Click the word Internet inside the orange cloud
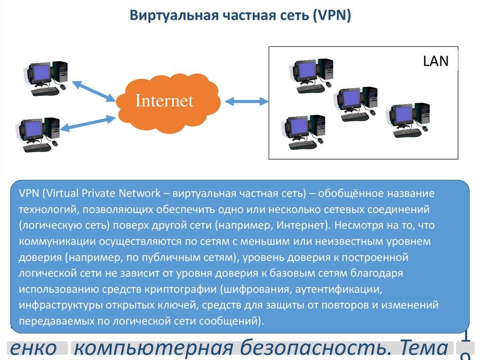[164, 100]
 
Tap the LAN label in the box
[436, 61]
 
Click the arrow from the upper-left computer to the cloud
[93, 91]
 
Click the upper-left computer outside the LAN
[47, 77]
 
